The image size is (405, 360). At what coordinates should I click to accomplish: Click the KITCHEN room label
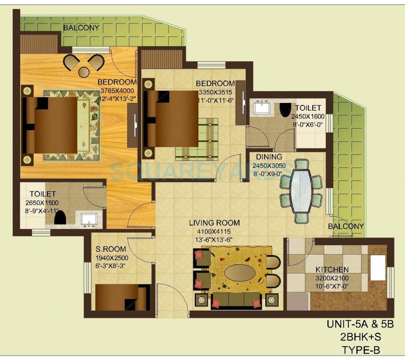coord(332,270)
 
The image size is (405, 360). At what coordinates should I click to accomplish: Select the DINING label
coord(266,157)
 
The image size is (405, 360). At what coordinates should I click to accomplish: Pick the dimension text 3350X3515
coord(215,92)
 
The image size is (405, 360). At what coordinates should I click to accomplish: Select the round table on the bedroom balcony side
coord(84,72)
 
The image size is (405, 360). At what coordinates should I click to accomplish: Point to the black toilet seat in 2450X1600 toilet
coord(286,108)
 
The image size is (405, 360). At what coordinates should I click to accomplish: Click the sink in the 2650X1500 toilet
coord(88,219)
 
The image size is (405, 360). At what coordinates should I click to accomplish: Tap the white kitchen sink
coord(378,268)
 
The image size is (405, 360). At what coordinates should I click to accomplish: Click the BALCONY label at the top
coord(81,28)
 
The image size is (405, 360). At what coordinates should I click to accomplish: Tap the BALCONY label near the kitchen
coord(345,226)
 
